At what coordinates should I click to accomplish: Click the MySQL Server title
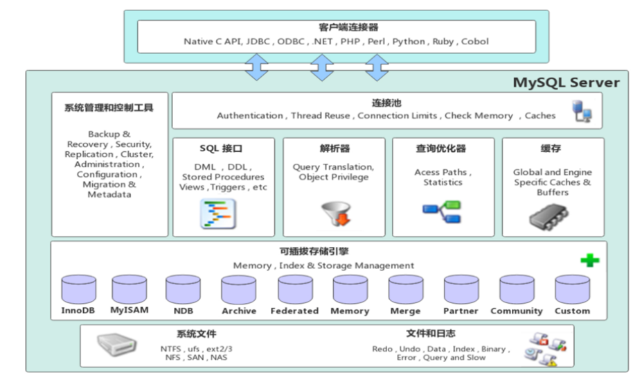566,83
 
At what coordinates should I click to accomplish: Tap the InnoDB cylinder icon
78,289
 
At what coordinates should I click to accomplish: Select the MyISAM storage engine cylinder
130,289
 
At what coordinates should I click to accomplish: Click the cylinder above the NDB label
183,289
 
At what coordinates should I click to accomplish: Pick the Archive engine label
239,311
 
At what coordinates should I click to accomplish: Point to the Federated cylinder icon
295,289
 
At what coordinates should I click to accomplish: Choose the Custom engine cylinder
572,289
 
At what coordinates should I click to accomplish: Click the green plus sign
589,261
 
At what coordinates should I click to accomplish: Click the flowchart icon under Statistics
442,211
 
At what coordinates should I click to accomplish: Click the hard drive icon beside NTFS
116,343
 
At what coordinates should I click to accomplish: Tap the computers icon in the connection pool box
582,112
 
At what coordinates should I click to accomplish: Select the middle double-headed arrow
322,67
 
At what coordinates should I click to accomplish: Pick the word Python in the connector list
409,42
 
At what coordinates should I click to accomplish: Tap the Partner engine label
461,311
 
